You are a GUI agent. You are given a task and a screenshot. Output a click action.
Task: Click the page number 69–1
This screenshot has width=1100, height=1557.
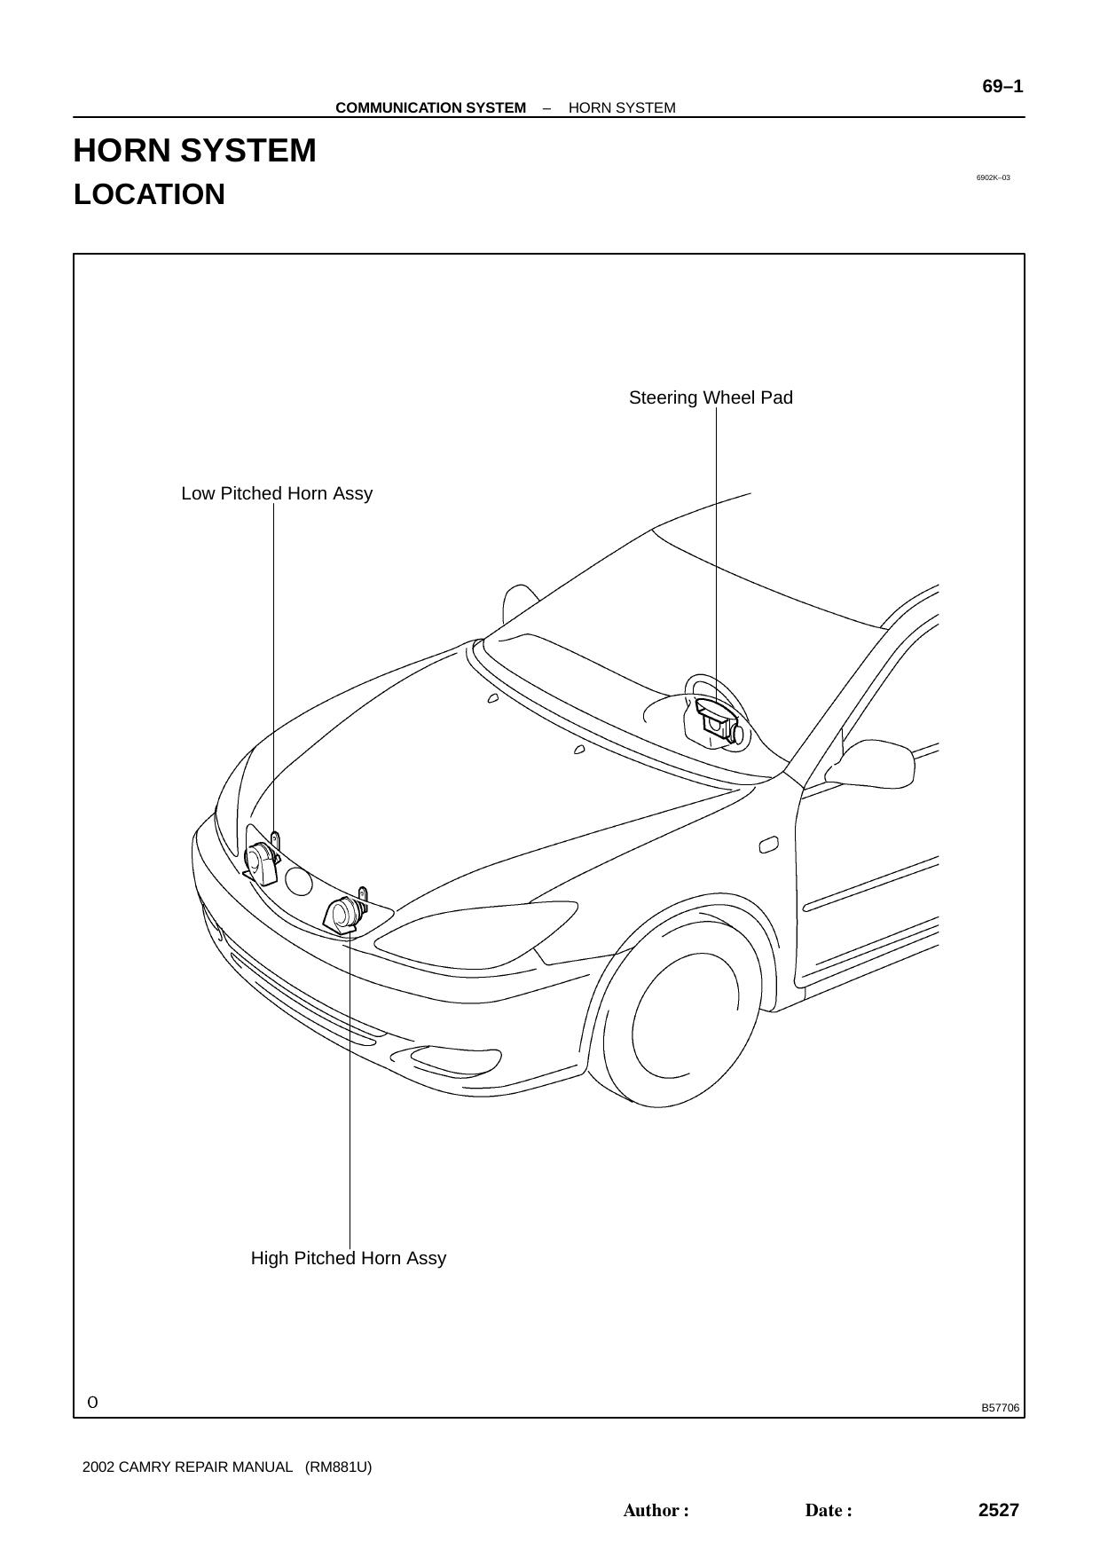pyautogui.click(x=1002, y=86)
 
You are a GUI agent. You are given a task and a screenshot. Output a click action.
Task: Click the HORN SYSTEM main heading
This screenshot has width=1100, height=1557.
pyautogui.click(x=194, y=151)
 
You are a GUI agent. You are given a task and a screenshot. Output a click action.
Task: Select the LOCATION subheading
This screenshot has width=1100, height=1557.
pyautogui.click(x=149, y=194)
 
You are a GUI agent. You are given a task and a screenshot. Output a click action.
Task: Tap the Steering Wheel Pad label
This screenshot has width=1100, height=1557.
pyautogui.click(x=711, y=397)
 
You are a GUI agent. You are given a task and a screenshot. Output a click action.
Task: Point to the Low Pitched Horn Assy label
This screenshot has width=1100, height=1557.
pyautogui.click(x=277, y=493)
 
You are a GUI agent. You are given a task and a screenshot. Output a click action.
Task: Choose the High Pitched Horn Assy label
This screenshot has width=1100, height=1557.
pyautogui.click(x=349, y=1258)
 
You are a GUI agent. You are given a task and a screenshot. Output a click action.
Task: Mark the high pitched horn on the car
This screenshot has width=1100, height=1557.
pyautogui.click(x=345, y=913)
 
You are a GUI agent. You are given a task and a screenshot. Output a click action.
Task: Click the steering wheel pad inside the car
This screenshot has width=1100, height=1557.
pyautogui.click(x=715, y=720)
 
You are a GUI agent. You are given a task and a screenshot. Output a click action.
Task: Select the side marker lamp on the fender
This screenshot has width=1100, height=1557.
pyautogui.click(x=769, y=845)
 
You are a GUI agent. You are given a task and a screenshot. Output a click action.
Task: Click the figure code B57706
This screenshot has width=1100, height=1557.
pyautogui.click(x=1001, y=1408)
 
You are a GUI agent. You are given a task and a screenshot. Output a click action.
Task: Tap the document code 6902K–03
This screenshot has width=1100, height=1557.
pyautogui.click(x=994, y=177)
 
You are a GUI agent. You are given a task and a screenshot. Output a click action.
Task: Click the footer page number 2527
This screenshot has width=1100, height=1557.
pyautogui.click(x=999, y=1510)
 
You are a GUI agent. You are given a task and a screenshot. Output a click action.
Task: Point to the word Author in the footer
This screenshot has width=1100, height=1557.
pyautogui.click(x=651, y=1511)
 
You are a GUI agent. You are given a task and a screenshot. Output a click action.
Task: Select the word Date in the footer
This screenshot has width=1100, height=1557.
pyautogui.click(x=824, y=1511)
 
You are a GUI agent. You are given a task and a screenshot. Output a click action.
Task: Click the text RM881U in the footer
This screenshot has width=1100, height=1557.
pyautogui.click(x=338, y=1467)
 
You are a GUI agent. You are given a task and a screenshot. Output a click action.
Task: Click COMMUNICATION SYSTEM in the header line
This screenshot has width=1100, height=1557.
pyautogui.click(x=430, y=108)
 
